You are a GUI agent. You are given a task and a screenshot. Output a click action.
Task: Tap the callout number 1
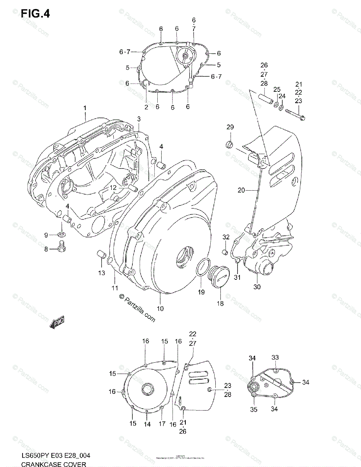(x=85, y=108)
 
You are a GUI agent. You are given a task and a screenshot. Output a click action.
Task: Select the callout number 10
(x=160, y=308)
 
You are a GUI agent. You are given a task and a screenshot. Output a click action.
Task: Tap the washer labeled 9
(x=62, y=234)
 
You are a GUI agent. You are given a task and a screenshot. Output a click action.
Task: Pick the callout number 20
(x=241, y=190)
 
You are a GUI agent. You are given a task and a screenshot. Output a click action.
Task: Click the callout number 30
(x=257, y=287)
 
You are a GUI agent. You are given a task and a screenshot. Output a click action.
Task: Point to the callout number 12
(x=113, y=188)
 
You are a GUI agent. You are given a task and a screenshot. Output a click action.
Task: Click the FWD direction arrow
(x=57, y=321)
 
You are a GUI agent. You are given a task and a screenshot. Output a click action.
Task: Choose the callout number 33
(x=275, y=357)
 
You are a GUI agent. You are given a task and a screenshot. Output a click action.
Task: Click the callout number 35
(x=254, y=409)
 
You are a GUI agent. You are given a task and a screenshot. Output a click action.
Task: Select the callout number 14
(x=147, y=425)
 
